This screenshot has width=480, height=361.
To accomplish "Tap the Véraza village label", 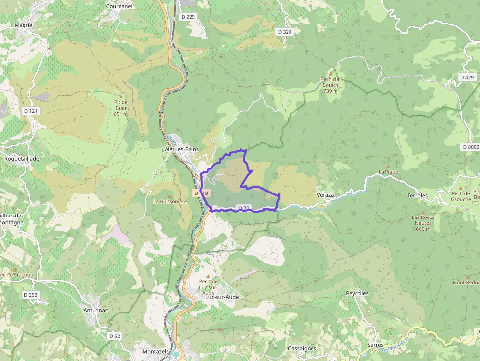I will tap(326, 195).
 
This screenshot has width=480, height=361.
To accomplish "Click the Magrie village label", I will tap(24, 25).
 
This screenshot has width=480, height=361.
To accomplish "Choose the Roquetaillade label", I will tap(21, 159).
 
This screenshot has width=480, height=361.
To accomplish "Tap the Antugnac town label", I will tap(96, 310).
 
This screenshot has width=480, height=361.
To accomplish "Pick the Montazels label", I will tap(156, 352).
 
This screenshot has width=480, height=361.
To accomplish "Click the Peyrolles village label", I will tap(357, 293).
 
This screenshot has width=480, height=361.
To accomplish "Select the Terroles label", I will tap(417, 195).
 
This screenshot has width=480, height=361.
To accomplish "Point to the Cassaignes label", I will tap(302, 348).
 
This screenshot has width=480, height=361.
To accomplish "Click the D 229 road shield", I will tap(188, 17).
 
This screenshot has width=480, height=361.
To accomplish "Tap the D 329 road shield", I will tap(285, 32).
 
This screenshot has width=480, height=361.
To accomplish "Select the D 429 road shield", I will tap(467, 78).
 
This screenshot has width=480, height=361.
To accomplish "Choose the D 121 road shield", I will tap(31, 111).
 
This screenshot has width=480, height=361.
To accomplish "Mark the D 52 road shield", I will tap(114, 336).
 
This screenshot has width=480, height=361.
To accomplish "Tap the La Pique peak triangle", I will tap(388, 166).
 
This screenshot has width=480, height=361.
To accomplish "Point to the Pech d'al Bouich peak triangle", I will tap(331, 73).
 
